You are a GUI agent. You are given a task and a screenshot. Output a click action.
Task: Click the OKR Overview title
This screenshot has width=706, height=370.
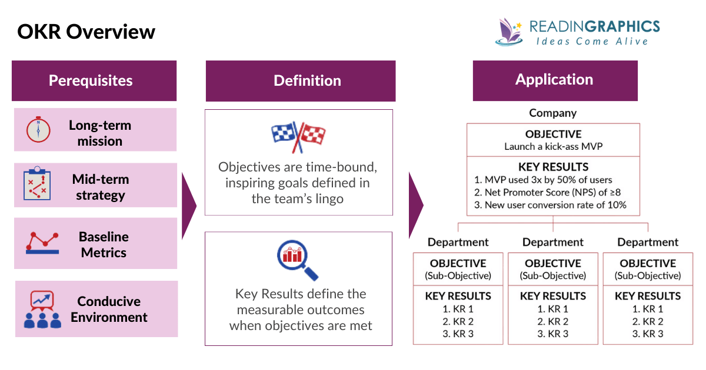pos(86,31)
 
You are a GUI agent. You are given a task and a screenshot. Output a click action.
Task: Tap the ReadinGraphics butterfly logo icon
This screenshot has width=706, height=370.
pos(509,32)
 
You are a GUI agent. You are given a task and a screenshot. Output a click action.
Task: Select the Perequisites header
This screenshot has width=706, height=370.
pos(94,80)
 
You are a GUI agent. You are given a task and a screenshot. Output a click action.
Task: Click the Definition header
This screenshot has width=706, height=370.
pos(300,80)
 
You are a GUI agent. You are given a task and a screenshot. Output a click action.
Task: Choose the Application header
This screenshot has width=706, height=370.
pos(554,79)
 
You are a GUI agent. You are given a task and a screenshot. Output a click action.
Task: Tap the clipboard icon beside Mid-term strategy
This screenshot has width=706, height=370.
pos(37,184)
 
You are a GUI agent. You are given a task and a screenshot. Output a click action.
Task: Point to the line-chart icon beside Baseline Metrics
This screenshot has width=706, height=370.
pos(42,241)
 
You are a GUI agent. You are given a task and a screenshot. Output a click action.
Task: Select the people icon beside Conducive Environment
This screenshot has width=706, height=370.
pos(42,309)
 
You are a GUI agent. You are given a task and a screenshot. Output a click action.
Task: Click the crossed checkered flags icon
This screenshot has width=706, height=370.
pos(298,137)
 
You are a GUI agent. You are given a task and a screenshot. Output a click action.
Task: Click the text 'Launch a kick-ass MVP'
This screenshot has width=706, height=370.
pos(553,146)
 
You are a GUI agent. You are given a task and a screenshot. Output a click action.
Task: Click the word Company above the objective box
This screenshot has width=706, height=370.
pos(552,113)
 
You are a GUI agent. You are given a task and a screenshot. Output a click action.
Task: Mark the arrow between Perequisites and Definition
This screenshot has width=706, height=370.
pos(189,206)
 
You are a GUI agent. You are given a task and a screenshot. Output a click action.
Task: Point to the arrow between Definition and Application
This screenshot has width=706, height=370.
pos(415,206)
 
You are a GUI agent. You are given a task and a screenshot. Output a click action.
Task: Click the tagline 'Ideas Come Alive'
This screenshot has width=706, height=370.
pos(592,42)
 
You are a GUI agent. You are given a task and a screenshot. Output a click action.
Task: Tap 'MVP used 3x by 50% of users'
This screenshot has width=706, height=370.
pos(548,180)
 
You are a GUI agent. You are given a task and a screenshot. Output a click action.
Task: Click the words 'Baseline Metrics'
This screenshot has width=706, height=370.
pos(104,244)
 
